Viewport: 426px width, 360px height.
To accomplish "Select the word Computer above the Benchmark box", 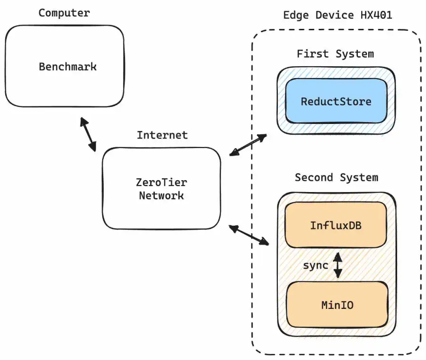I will (x=64, y=13).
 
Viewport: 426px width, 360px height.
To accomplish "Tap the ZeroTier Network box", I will (x=161, y=188).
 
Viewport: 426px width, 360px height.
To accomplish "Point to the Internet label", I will (x=162, y=135).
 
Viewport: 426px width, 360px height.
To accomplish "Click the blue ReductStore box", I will (x=336, y=101).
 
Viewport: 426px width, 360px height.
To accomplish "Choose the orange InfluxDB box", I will (x=336, y=225).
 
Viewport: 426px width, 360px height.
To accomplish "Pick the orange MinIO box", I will (x=337, y=305).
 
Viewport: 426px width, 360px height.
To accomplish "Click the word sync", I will (x=315, y=265).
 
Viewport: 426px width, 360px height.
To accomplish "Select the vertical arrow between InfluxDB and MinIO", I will (x=337, y=265).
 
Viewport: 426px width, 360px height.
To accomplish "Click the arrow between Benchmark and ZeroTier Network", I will (x=88, y=135).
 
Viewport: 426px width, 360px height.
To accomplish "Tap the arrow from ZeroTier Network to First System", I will (x=248, y=145).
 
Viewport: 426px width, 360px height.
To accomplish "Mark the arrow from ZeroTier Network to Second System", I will (x=249, y=235).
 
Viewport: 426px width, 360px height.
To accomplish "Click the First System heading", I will (x=335, y=54).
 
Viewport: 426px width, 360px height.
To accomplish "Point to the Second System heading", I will (x=336, y=177).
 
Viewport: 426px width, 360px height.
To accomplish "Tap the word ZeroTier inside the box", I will (x=161, y=183).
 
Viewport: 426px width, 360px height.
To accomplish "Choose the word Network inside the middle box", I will (x=161, y=195).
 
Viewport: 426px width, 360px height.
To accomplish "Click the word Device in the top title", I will (x=335, y=15).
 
